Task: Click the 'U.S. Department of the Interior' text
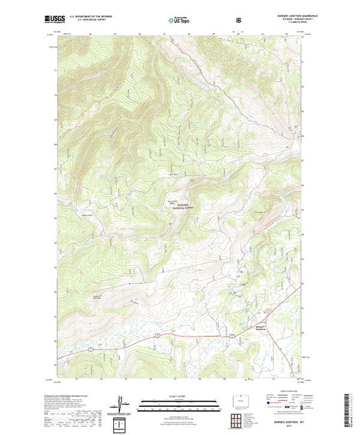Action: (x=96, y=17)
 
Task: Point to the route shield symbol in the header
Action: (x=239, y=20)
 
